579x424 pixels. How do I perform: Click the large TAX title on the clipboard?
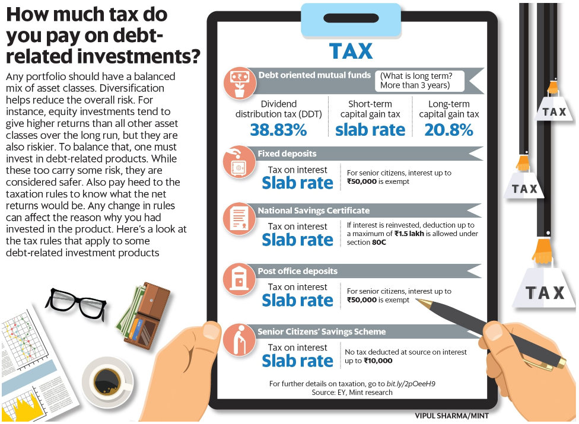coord(351,51)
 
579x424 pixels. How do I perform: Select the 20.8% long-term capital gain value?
coord(449,130)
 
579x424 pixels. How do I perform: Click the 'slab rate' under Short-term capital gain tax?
coord(370,130)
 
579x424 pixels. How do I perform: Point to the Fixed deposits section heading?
coord(287,154)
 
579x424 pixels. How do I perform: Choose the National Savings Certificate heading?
coord(313,211)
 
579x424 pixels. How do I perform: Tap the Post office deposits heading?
coord(297,271)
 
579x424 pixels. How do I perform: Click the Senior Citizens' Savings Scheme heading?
coord(322,331)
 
